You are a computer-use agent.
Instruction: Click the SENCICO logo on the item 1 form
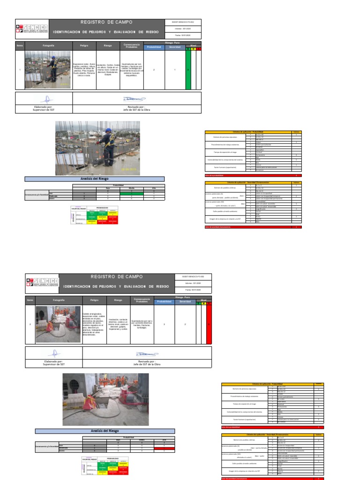tap(31, 29)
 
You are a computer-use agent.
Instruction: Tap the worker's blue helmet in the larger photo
tap(109, 130)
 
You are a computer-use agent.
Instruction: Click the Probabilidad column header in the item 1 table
tap(154, 47)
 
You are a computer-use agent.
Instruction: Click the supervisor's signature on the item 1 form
tap(44, 99)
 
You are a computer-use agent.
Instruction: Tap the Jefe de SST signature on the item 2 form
tap(147, 354)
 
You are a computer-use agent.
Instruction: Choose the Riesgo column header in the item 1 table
tap(108, 45)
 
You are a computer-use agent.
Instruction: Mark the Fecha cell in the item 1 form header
tap(183, 36)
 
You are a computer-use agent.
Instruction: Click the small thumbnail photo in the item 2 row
tap(58, 324)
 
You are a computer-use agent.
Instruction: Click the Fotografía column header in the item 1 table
tap(48, 45)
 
